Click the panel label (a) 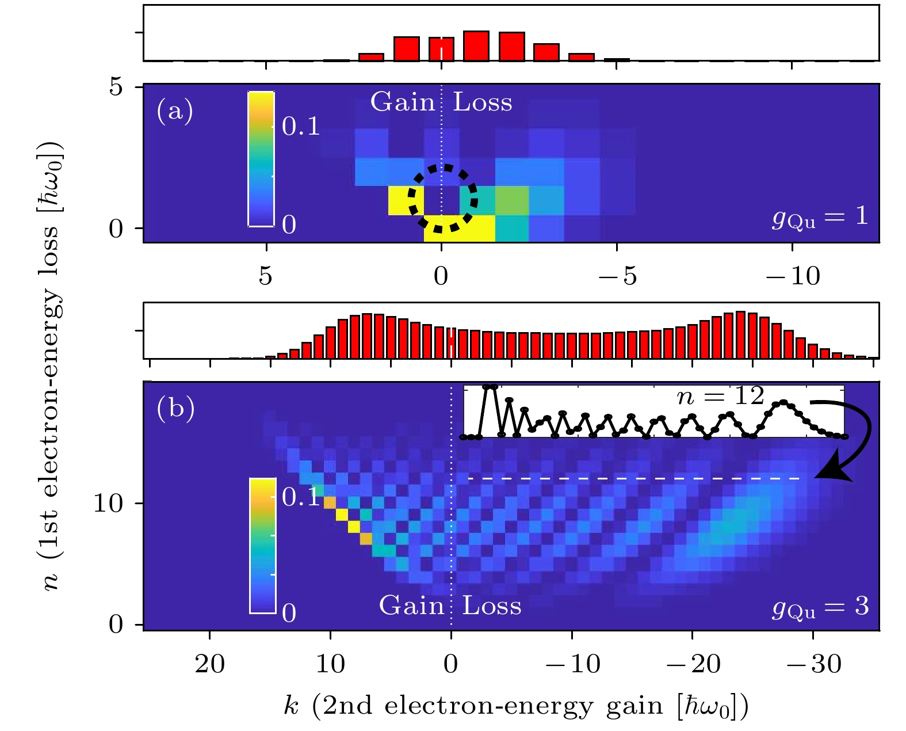175,111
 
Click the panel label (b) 175,408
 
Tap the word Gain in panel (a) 403,102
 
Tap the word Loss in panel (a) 483,102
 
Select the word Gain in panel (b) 411,606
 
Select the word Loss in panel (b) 492,606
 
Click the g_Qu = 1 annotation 820,217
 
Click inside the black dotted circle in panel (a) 442,199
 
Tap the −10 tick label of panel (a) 793,277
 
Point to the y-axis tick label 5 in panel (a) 117,87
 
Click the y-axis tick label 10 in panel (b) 108,504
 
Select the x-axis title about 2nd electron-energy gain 516,706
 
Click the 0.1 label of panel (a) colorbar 301,126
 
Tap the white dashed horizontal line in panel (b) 633,478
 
